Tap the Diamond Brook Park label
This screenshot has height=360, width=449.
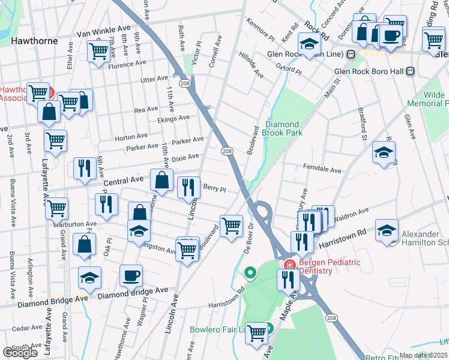[x=283, y=128]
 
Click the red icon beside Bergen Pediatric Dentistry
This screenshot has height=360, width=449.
[x=289, y=265]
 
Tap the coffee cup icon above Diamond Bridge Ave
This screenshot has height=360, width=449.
[x=131, y=276]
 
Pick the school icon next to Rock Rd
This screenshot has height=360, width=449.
[x=309, y=45]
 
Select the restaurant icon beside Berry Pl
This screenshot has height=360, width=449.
[x=188, y=187]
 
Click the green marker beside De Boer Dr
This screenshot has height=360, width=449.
[x=250, y=274]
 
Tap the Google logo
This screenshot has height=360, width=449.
[x=20, y=352]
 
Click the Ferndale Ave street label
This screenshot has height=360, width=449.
[x=322, y=170]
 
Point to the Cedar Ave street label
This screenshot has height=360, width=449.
[x=26, y=329]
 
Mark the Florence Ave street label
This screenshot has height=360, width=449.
[x=127, y=62]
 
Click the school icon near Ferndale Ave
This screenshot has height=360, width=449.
[x=384, y=152]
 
